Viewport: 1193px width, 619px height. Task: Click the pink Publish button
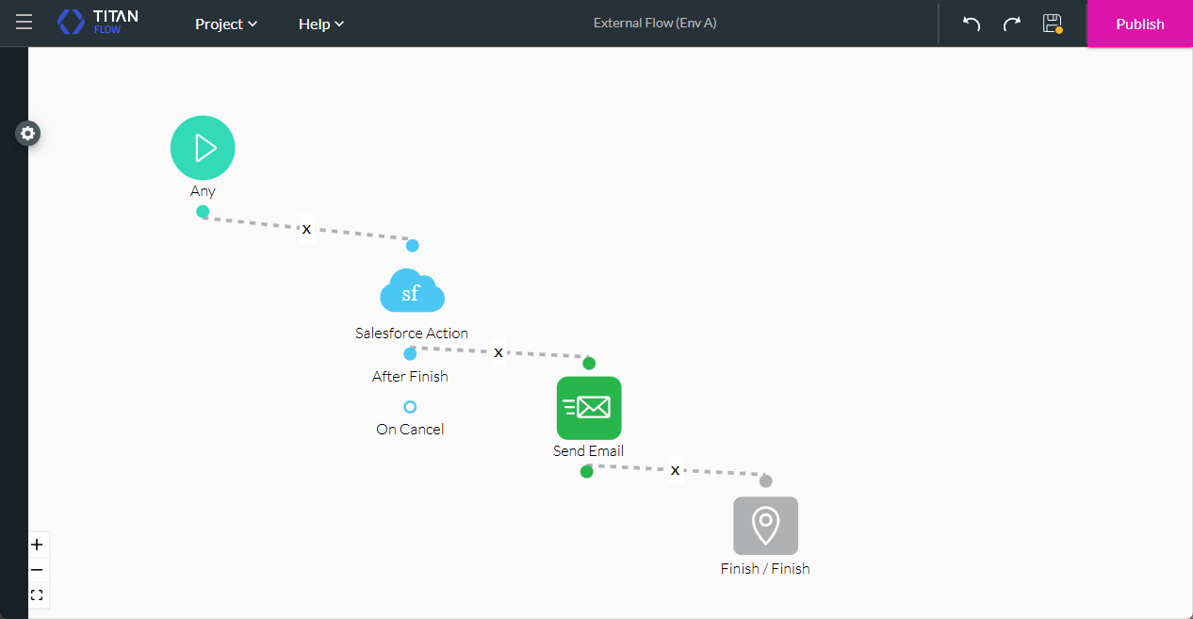(x=1139, y=24)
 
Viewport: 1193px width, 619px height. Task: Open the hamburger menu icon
(x=24, y=22)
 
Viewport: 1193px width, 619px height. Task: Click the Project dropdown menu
(x=226, y=24)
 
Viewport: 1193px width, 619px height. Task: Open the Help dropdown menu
(x=320, y=24)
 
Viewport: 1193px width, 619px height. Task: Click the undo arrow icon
(x=972, y=24)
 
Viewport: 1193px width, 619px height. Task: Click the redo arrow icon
(x=1012, y=24)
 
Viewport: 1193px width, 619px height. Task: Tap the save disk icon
(x=1053, y=24)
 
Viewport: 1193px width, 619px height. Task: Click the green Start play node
(x=203, y=148)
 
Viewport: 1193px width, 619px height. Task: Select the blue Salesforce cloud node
(x=412, y=292)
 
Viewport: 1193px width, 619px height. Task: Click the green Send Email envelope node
(x=589, y=408)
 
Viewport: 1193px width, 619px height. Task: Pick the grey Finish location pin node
(x=765, y=526)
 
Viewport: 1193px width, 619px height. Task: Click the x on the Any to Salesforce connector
(x=306, y=229)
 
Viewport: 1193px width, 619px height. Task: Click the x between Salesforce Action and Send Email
(x=498, y=352)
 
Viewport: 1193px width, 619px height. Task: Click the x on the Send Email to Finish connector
(x=675, y=470)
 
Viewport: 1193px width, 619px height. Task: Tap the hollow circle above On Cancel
(x=410, y=407)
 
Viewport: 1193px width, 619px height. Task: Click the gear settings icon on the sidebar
(x=28, y=134)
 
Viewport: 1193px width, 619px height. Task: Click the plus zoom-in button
(x=37, y=545)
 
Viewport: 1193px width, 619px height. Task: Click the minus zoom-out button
(x=37, y=570)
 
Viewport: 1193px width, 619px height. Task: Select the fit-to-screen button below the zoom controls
(x=37, y=595)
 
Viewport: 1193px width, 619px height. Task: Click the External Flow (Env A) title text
(x=655, y=23)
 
